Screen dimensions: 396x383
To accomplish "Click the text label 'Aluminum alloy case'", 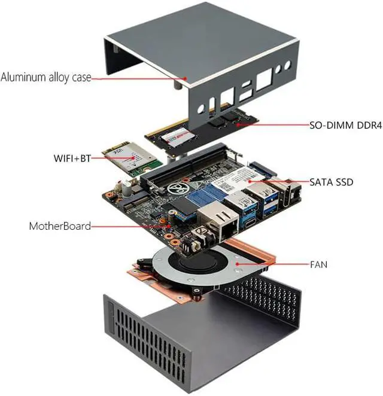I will click(x=45, y=78).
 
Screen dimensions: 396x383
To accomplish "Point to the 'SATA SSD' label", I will click(x=331, y=181).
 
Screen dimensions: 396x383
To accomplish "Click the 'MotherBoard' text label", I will click(x=60, y=226).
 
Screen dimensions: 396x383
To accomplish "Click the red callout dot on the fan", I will click(x=238, y=262).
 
